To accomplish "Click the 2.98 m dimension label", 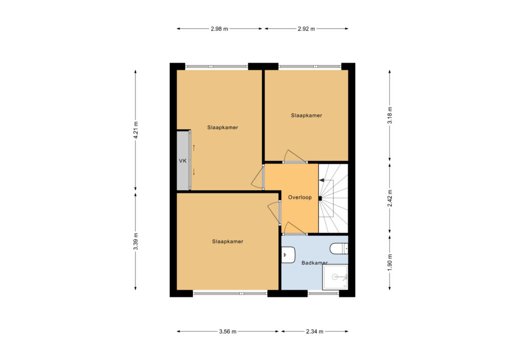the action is pyautogui.click(x=219, y=29).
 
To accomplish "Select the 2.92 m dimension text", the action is pyautogui.click(x=307, y=29).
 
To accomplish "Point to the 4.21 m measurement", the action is pyautogui.click(x=135, y=130).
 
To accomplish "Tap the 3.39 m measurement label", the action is pyautogui.click(x=135, y=242).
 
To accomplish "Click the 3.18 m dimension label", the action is pyautogui.click(x=390, y=115).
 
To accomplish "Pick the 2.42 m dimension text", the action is pyautogui.click(x=390, y=198).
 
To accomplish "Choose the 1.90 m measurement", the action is pyautogui.click(x=390, y=262).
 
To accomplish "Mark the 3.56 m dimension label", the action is pyautogui.click(x=228, y=331).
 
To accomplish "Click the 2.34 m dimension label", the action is pyautogui.click(x=315, y=331).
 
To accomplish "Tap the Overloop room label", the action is pyautogui.click(x=299, y=197).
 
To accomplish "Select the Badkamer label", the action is pyautogui.click(x=314, y=263).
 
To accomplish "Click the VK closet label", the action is pyautogui.click(x=183, y=161).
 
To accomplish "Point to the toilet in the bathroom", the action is pyautogui.click(x=339, y=249).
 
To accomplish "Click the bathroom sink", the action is pyautogui.click(x=288, y=255).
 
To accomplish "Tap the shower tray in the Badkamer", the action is pyautogui.click(x=335, y=277).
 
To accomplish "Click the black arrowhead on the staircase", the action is pyautogui.click(x=321, y=181).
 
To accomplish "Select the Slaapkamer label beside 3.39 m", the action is pyautogui.click(x=227, y=242).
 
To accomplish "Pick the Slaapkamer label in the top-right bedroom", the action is pyautogui.click(x=307, y=115).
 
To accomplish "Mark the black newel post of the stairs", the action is pyautogui.click(x=320, y=198).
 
